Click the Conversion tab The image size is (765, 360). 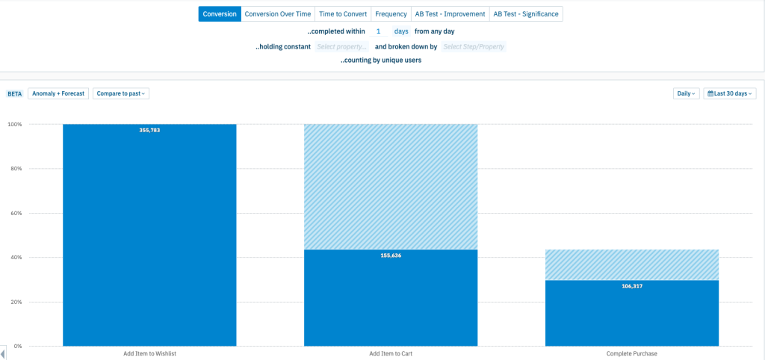tap(220, 14)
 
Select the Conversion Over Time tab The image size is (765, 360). tap(278, 14)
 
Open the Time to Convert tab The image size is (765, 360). tap(343, 14)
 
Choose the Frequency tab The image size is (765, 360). tap(391, 14)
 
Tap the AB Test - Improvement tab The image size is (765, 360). tap(450, 14)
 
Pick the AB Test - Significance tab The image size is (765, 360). tap(526, 14)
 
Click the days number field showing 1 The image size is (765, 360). tap(379, 31)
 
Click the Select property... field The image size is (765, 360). tap(342, 47)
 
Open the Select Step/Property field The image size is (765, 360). tap(474, 47)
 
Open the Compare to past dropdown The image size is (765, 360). tap(121, 93)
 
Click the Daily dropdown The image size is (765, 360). tap(687, 93)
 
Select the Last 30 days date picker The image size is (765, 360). tap(730, 93)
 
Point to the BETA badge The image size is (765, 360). tap(15, 93)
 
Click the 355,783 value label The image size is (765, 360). tap(149, 130)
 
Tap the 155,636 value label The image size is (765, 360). tap(391, 255)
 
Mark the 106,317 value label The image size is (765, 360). tap(632, 286)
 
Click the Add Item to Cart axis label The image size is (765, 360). tap(390, 354)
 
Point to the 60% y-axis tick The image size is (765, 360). tap(15, 213)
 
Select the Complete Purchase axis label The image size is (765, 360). tap(632, 354)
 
